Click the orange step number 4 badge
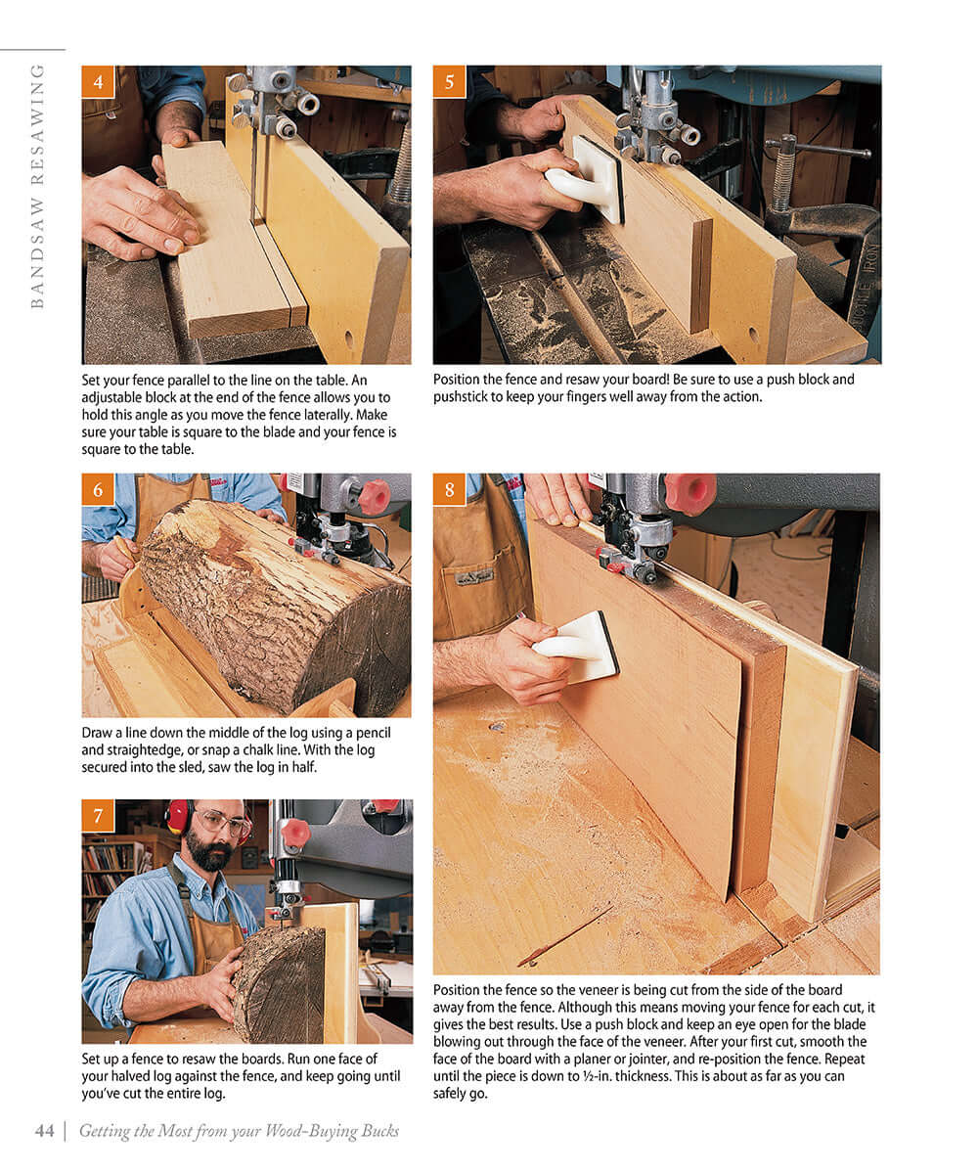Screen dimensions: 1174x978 tap(98, 82)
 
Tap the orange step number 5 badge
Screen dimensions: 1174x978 tap(449, 82)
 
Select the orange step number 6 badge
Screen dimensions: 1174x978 tap(98, 490)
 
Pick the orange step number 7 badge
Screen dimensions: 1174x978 tap(98, 815)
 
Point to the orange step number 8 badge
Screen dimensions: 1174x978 tap(449, 490)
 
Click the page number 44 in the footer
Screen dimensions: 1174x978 tap(44, 1131)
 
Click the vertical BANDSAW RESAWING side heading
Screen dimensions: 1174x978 tap(37, 186)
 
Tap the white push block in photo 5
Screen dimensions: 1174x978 tap(587, 180)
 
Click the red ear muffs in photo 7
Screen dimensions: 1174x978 tap(178, 816)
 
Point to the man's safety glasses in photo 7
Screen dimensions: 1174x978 tap(223, 822)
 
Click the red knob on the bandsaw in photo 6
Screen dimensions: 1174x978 tap(374, 497)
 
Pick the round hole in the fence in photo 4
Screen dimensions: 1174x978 tap(350, 341)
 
